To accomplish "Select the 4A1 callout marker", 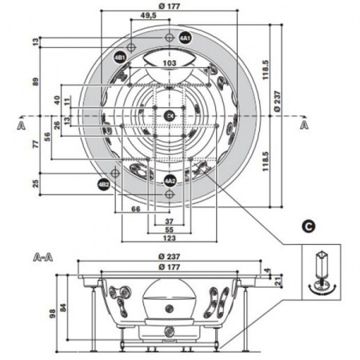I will coord(185,38).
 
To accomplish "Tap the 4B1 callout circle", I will coord(119,58).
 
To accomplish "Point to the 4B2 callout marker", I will coord(103,184).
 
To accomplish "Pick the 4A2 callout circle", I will coord(170,181).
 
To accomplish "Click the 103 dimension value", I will coord(169,62).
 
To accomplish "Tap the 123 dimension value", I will coord(169,238).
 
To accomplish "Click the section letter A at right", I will coord(303,126).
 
